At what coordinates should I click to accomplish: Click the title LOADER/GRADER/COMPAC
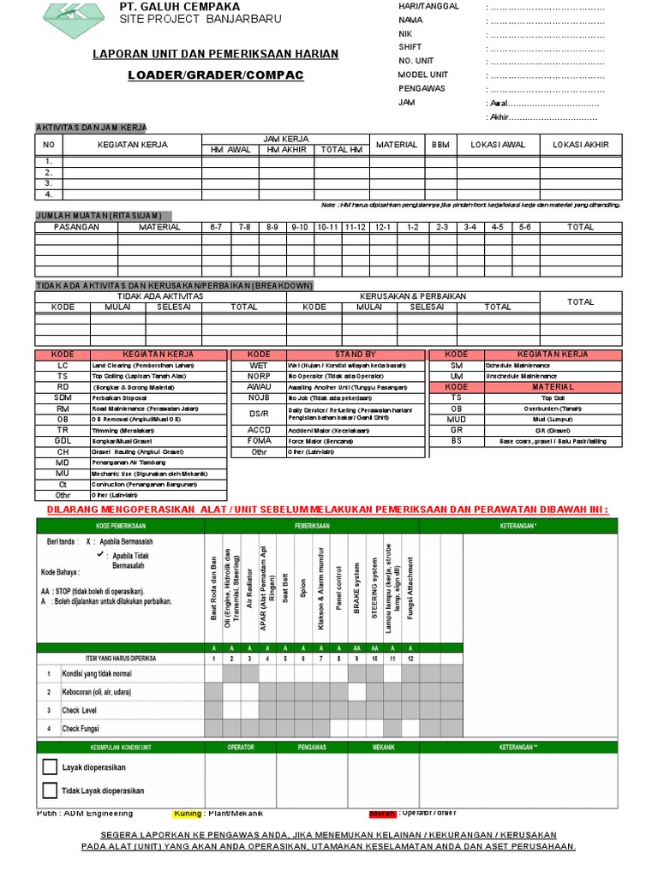[215, 75]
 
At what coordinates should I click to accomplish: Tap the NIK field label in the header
[406, 33]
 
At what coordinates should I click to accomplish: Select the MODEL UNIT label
[423, 75]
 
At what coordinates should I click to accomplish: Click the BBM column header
[440, 145]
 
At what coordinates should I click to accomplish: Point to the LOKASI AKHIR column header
[581, 145]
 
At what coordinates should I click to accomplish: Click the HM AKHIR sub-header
[286, 150]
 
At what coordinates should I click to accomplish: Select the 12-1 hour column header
[383, 227]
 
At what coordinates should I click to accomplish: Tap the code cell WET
[259, 365]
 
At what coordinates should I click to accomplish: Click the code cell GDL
[63, 440]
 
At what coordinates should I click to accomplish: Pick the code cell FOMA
[259, 440]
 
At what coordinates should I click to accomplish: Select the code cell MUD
[457, 419]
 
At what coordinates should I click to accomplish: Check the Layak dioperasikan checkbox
[51, 767]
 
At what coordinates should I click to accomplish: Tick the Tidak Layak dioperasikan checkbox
[51, 790]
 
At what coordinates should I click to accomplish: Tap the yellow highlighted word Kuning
[187, 814]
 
